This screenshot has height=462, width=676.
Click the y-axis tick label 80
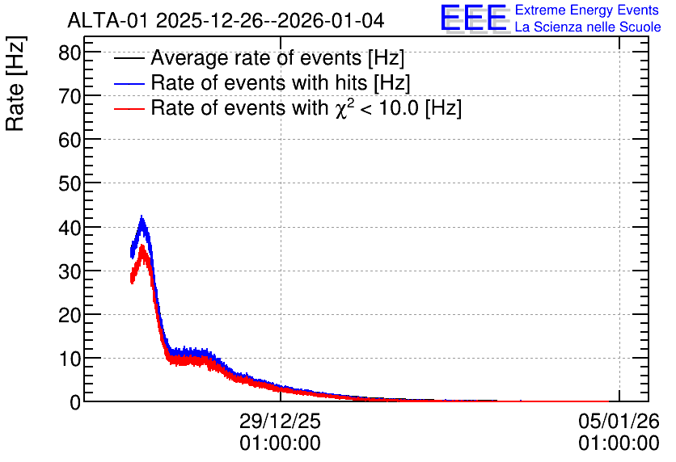(70, 53)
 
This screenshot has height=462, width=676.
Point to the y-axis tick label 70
(70, 96)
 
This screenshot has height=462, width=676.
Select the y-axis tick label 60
(70, 141)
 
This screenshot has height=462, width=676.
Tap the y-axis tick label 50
(70, 184)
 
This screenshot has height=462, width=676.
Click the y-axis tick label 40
(70, 228)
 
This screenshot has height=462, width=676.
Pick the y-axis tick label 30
(70, 271)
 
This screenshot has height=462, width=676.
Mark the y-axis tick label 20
(70, 316)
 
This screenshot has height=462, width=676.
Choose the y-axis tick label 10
(70, 359)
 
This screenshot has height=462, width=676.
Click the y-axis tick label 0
(75, 402)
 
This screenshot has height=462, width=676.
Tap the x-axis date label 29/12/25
(281, 421)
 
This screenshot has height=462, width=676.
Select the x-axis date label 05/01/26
(619, 421)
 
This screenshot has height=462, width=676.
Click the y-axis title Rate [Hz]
(15, 83)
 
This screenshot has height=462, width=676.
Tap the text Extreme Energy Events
(587, 10)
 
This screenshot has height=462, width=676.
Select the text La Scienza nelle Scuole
(588, 27)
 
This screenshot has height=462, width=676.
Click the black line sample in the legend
(129, 58)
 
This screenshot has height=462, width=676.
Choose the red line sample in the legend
(129, 108)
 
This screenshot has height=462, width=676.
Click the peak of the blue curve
(142, 216)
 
